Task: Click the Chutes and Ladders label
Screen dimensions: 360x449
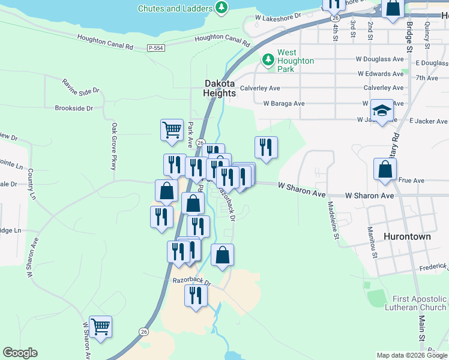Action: [175, 8]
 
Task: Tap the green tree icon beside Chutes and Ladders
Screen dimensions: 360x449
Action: [222, 8]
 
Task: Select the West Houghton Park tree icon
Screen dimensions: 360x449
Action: [267, 59]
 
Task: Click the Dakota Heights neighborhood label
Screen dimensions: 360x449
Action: [219, 89]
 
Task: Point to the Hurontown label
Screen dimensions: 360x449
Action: [408, 236]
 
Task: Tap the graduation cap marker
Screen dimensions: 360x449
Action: [382, 111]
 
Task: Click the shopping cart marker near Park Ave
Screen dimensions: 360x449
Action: [172, 130]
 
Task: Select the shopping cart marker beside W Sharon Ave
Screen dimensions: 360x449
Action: [100, 327]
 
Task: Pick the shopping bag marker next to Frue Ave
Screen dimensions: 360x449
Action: [384, 170]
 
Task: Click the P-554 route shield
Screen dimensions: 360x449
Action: [155, 47]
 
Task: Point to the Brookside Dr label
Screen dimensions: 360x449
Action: [73, 109]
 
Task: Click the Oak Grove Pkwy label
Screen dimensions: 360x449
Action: [113, 146]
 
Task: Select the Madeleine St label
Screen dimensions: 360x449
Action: [331, 218]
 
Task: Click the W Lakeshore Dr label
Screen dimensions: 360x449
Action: [277, 19]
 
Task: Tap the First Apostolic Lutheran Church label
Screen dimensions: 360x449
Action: [420, 303]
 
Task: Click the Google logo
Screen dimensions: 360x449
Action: [20, 353]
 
